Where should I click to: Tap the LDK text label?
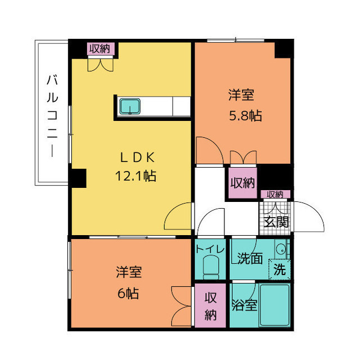point(136,157)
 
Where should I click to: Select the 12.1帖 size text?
point(136,175)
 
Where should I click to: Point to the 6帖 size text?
point(128,293)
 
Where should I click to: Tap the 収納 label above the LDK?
point(101,49)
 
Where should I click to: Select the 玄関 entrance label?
point(275,220)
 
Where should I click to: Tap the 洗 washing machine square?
point(280,269)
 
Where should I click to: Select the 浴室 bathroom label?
point(244,305)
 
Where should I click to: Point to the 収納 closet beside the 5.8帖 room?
point(242,183)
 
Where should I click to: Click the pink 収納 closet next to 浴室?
point(210,305)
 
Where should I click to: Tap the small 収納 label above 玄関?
point(275,195)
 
